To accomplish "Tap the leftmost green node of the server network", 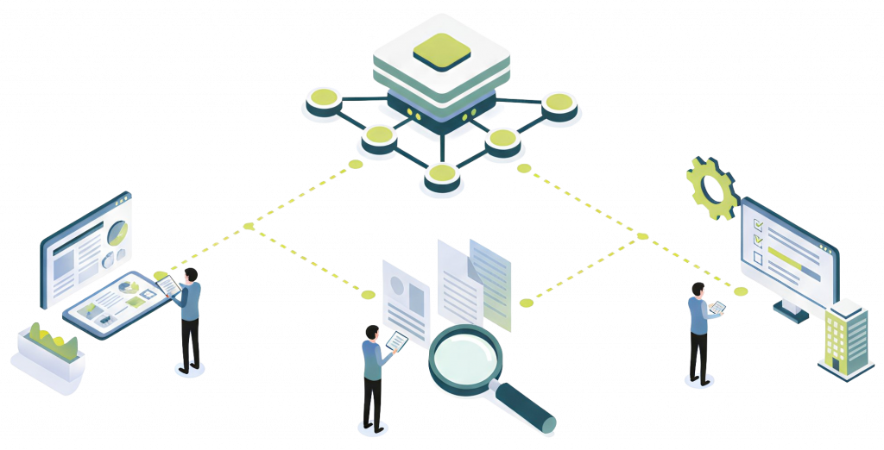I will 323,100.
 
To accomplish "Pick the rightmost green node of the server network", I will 559,103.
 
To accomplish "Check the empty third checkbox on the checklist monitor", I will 759,257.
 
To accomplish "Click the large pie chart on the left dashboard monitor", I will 117,231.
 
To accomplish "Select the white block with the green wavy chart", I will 49,353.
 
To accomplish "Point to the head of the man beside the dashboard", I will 192,274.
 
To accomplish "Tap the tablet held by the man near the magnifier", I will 397,342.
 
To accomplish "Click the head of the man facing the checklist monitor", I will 698,289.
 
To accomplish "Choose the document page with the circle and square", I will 406,297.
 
